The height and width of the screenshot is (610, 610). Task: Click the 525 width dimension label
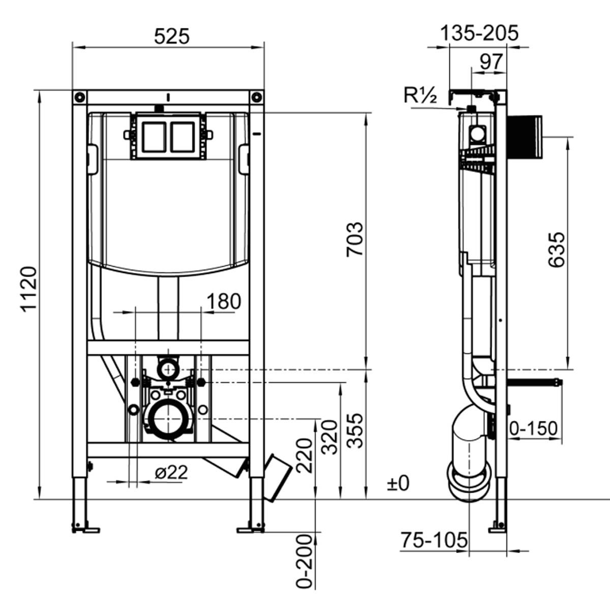pyautogui.click(x=172, y=36)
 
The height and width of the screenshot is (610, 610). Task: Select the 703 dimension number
pyautogui.click(x=354, y=239)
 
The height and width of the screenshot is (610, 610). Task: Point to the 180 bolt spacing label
pyautogui.click(x=224, y=301)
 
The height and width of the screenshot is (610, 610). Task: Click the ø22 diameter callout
pyautogui.click(x=171, y=473)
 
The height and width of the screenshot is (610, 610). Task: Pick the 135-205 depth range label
pyautogui.click(x=479, y=33)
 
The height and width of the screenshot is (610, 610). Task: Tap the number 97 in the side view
pyautogui.click(x=491, y=62)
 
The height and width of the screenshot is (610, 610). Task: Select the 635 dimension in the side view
pyautogui.click(x=556, y=250)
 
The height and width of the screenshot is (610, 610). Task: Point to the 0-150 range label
pyautogui.click(x=533, y=429)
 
